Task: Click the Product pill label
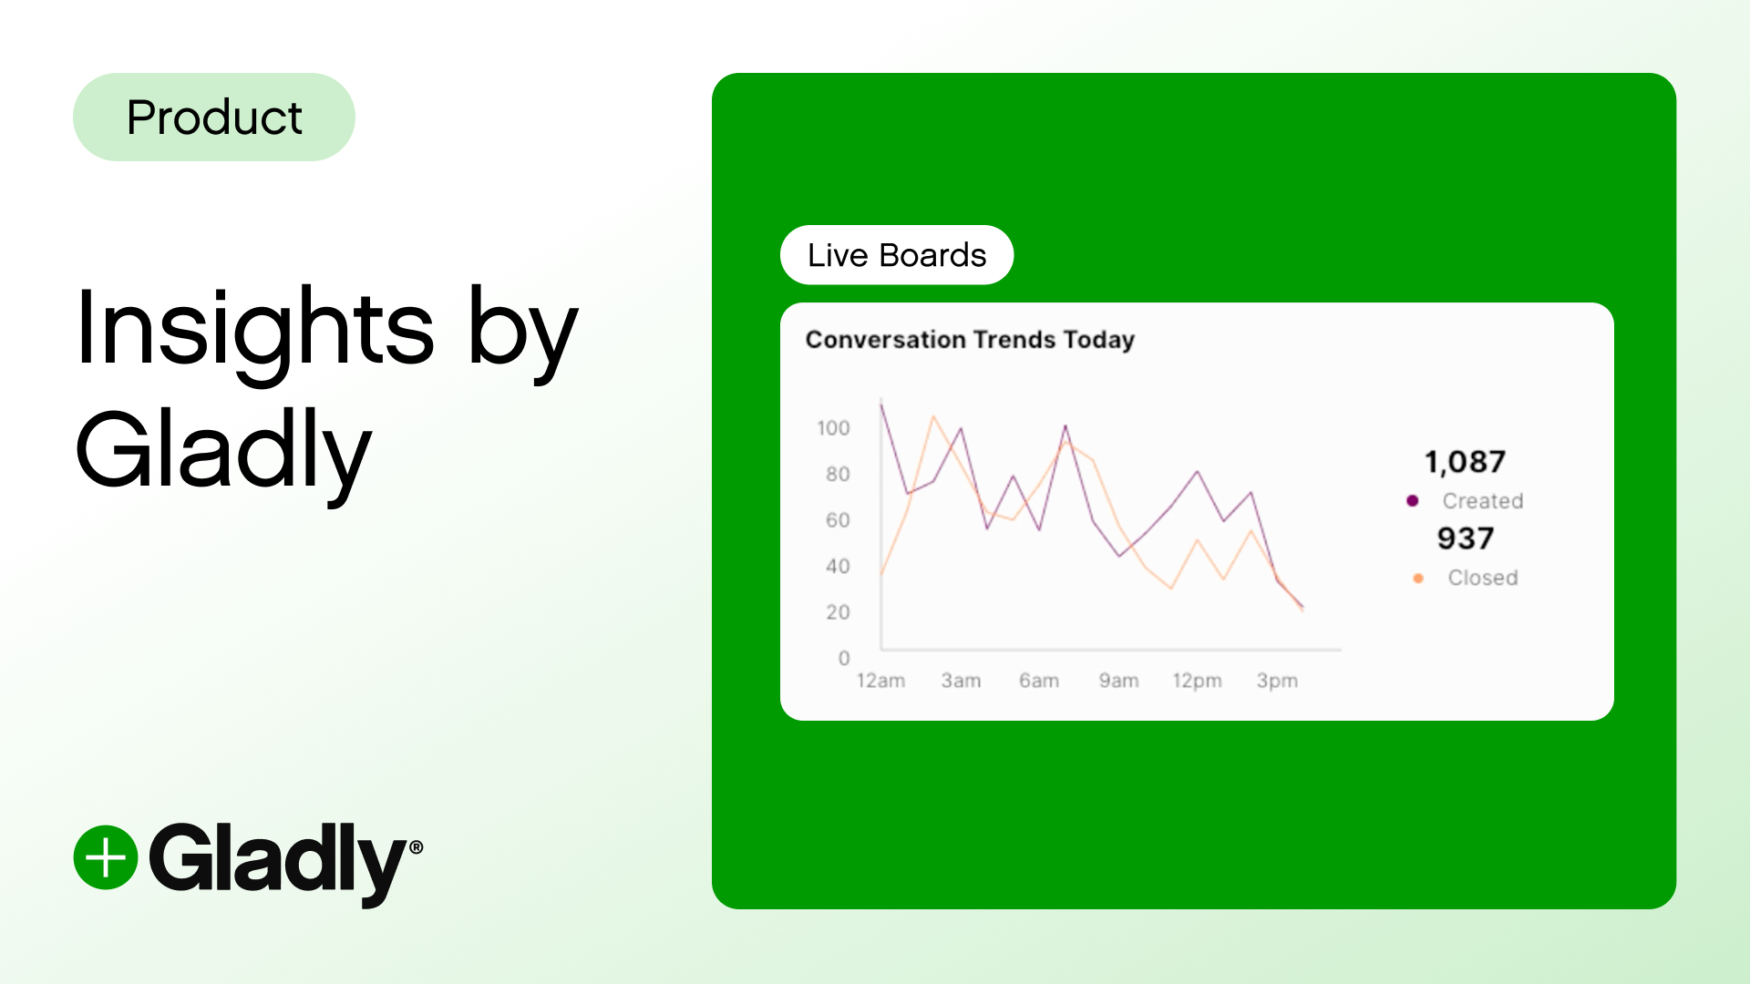click(214, 118)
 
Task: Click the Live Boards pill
click(897, 255)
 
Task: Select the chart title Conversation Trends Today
click(970, 340)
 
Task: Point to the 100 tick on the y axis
click(833, 428)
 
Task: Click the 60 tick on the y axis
click(838, 520)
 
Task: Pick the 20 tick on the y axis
click(838, 612)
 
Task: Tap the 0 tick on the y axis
click(844, 658)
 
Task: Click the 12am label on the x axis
click(880, 681)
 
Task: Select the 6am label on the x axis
click(1039, 681)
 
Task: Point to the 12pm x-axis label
click(1197, 681)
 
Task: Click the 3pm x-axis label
click(1277, 681)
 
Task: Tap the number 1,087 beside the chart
click(1465, 462)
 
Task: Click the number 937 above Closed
click(1466, 538)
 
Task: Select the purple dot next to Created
click(1413, 500)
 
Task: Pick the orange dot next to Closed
click(1418, 578)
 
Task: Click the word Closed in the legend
click(1483, 578)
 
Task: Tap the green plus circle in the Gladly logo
click(106, 857)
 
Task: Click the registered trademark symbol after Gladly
click(417, 847)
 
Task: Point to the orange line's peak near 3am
click(933, 417)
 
